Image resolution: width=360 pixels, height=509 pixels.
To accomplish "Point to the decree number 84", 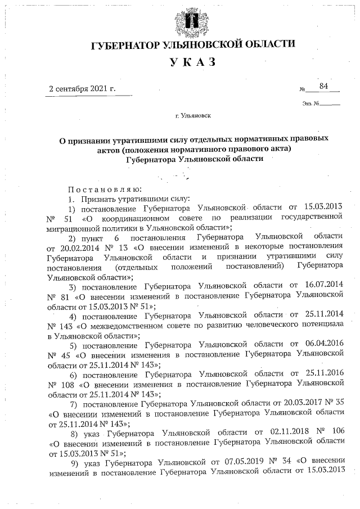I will [323, 86].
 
